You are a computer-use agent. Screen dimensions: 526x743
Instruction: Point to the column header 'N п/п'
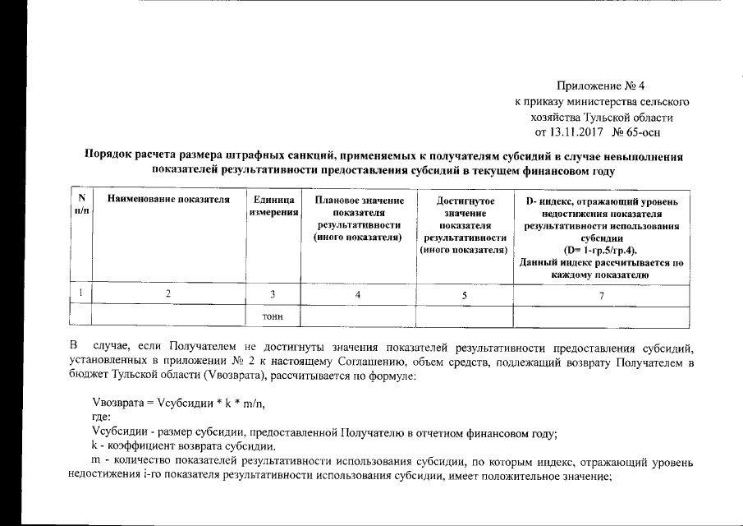[80, 205]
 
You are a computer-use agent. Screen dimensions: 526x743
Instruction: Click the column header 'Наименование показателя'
[167, 201]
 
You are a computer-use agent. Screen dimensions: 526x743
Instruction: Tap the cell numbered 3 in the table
[273, 295]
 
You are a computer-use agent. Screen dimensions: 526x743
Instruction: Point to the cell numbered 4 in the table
[357, 295]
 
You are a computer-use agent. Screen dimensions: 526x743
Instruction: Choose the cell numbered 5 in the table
[465, 295]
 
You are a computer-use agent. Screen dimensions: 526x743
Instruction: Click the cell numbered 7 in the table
[601, 295]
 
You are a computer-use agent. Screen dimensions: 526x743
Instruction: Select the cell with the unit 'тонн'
[273, 316]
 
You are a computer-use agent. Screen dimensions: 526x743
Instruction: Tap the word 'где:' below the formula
[103, 418]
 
